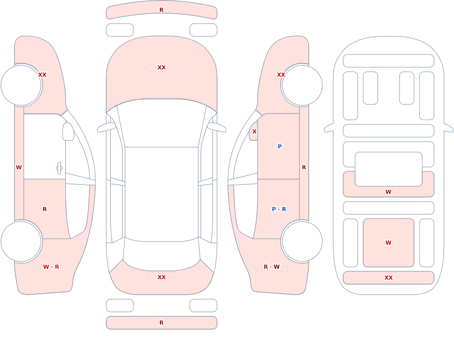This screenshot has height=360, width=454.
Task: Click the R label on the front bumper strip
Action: click(x=161, y=10)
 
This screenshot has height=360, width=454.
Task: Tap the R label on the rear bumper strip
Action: click(x=161, y=323)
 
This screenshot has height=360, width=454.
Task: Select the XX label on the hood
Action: click(x=162, y=68)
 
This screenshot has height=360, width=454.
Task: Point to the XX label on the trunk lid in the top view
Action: click(x=162, y=277)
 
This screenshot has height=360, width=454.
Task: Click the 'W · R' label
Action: click(x=51, y=267)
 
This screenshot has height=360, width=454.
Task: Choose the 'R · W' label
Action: click(x=271, y=267)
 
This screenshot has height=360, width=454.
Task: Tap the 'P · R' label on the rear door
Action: click(x=279, y=209)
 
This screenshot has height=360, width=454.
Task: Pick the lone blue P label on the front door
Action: click(x=280, y=147)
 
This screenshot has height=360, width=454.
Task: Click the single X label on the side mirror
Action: click(x=254, y=132)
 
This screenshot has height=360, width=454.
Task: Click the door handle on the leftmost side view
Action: click(x=59, y=168)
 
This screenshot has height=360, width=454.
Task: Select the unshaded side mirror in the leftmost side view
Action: click(x=69, y=132)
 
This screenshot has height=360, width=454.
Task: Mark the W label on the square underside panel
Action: click(x=388, y=243)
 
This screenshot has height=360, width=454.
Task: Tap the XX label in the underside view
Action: click(x=388, y=278)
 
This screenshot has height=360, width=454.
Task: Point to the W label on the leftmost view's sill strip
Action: click(x=19, y=168)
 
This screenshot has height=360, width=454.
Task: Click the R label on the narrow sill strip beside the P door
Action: click(x=304, y=168)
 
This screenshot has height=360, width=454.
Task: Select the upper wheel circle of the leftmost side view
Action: click(x=21, y=85)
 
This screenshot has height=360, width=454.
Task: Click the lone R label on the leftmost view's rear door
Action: click(x=44, y=209)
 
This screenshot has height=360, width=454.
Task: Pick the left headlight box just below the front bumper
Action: click(x=120, y=30)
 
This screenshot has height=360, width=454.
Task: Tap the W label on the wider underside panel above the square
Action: click(x=388, y=192)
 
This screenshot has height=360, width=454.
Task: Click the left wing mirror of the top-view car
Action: click(x=106, y=128)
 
